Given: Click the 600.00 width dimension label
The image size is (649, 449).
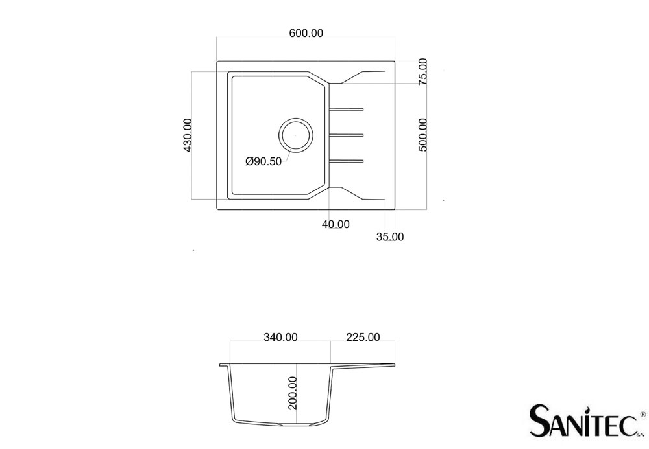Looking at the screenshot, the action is [306, 33].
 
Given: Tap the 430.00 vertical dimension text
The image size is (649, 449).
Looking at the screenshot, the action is [188, 135].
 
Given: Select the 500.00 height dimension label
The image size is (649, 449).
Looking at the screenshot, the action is [422, 135].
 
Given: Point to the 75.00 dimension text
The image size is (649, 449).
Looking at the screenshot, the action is [422, 71].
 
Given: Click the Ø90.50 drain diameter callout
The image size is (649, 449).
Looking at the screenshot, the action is [263, 161].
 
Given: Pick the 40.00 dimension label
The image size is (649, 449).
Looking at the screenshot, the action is [336, 224].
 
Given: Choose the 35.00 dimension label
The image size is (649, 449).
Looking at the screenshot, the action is [390, 236].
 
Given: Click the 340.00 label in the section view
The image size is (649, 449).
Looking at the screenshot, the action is [280, 337].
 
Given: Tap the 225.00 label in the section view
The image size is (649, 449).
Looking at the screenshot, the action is [363, 337].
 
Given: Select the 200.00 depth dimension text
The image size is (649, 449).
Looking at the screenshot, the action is [293, 393].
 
